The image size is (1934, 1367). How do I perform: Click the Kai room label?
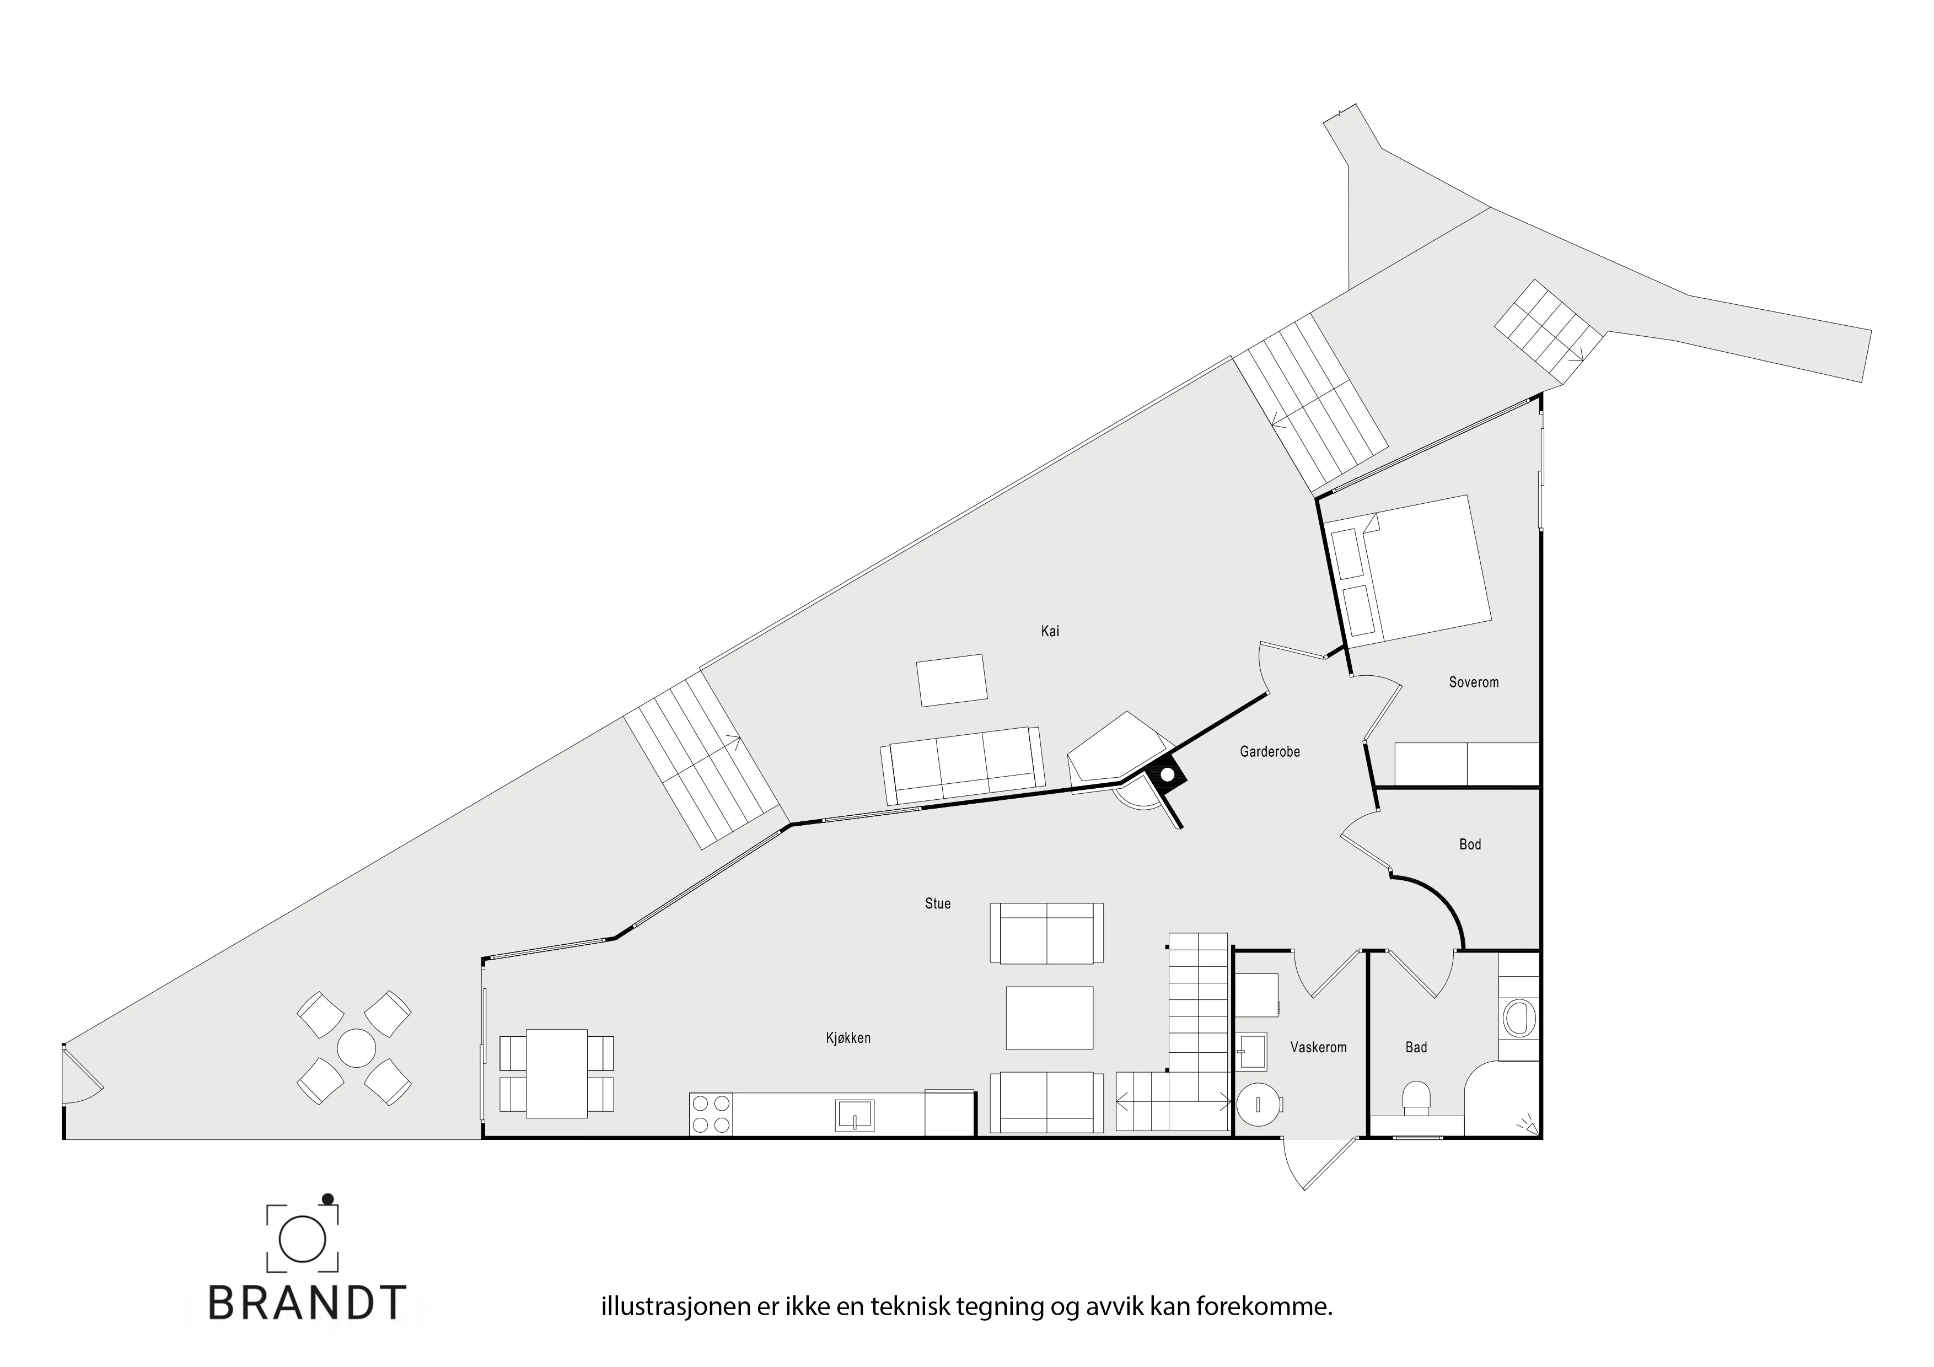(1050, 631)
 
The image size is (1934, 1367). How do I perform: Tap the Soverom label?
(1473, 682)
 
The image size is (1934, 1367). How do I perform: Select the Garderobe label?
(1270, 751)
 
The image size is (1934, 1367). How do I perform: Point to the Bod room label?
(1470, 844)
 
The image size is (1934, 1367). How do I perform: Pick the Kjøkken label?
(848, 1038)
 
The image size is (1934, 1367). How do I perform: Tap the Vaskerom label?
(1318, 1047)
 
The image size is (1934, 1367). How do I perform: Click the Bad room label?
(1416, 1047)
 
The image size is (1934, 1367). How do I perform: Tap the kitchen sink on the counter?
(854, 1115)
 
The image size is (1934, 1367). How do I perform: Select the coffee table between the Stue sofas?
(1050, 1018)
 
